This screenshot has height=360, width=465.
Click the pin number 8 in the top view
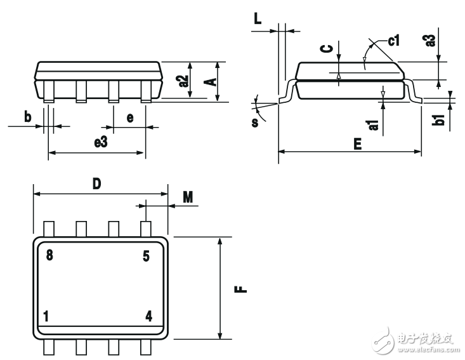(x=49, y=255)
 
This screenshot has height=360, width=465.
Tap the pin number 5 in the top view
(x=146, y=256)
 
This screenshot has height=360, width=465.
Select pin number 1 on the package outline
(x=46, y=316)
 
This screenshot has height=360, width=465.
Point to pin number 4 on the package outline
(x=148, y=316)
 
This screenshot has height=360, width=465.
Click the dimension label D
(x=97, y=184)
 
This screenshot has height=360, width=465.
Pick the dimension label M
(x=188, y=197)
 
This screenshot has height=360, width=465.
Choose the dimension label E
(x=358, y=144)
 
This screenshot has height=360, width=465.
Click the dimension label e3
(x=100, y=142)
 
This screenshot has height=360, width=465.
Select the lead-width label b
(x=27, y=117)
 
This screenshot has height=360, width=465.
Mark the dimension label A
(x=210, y=82)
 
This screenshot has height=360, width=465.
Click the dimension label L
(x=258, y=19)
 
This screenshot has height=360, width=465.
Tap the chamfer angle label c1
(x=394, y=41)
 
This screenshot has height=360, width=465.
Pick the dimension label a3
(x=430, y=41)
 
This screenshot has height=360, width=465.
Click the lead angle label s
(x=255, y=123)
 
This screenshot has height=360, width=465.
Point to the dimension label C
(x=327, y=48)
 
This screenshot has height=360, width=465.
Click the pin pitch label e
(x=130, y=118)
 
